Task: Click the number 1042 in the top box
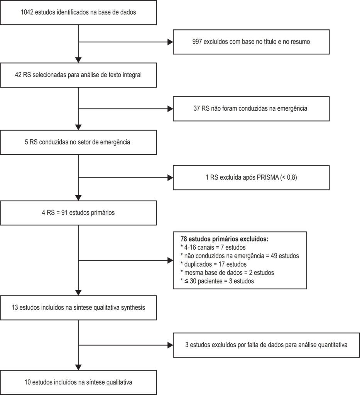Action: (27, 12)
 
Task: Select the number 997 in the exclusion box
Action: (197, 42)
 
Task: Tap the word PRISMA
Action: (267, 177)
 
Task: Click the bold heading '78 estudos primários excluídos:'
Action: (225, 239)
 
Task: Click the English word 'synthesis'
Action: (133, 307)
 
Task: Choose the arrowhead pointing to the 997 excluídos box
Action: (170, 42)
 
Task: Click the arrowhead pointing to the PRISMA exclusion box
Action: (170, 177)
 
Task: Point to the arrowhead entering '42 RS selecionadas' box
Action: (78, 60)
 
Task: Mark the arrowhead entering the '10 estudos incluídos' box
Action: (78, 367)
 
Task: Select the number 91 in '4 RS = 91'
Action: (64, 213)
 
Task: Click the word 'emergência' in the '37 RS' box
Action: (292, 108)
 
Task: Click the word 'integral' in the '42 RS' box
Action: (132, 75)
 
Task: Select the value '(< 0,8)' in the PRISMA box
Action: (289, 177)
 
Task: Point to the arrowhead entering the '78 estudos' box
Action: (170, 260)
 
